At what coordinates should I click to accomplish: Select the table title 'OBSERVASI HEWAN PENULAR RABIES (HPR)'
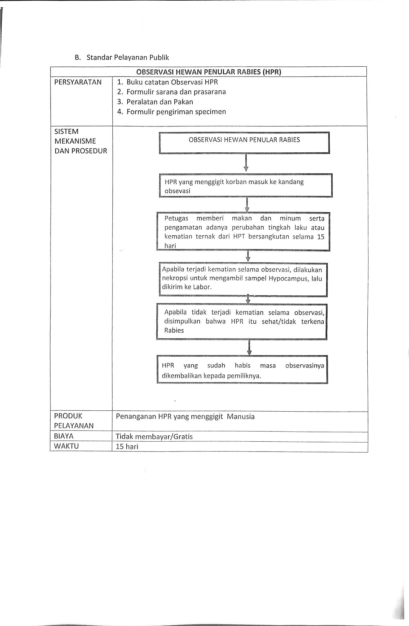pos(209,72)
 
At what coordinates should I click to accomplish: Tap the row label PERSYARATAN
pos(78,82)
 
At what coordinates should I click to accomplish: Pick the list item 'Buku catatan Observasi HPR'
pos(172,82)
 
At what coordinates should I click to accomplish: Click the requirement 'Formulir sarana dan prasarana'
pos(176,92)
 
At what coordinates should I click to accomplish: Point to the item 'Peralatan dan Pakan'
pos(159,102)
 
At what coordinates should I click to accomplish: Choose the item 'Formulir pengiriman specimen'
pos(176,112)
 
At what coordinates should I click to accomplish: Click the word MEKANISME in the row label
pos(75,141)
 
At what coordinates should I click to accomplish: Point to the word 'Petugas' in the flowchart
pos(176,218)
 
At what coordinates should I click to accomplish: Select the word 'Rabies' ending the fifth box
pos(174,330)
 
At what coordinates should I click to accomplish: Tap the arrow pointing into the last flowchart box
pos(249,348)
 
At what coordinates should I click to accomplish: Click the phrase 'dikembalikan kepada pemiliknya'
pos(211,376)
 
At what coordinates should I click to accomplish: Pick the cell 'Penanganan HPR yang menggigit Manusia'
pos(185,416)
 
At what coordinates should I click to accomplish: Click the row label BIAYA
pos(64,436)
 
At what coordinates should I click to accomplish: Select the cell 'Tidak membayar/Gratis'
pos(154,437)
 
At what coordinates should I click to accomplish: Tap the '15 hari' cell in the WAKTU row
pos(127,447)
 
